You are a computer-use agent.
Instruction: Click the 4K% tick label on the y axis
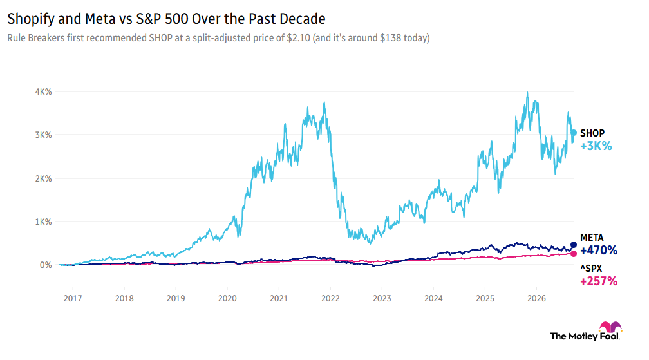(43, 92)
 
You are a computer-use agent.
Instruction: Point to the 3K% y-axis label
(43, 135)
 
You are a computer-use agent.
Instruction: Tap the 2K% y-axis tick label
(43, 179)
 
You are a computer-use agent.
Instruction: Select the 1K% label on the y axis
(43, 222)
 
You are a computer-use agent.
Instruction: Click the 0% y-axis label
(46, 265)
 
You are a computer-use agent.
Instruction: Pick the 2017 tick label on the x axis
(72, 298)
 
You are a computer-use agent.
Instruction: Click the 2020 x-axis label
(227, 298)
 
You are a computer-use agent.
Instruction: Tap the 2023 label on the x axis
(382, 298)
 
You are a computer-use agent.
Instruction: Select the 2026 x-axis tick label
(536, 298)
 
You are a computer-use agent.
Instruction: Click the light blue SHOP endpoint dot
(574, 133)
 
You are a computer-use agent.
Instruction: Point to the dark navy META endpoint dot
(574, 245)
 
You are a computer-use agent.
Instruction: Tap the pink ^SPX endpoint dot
(574, 254)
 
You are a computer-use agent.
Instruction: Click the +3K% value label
(596, 146)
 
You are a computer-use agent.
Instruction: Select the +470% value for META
(599, 251)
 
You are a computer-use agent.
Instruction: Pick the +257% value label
(599, 281)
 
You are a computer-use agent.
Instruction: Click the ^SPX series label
(591, 269)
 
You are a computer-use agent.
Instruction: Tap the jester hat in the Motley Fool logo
(610, 327)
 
